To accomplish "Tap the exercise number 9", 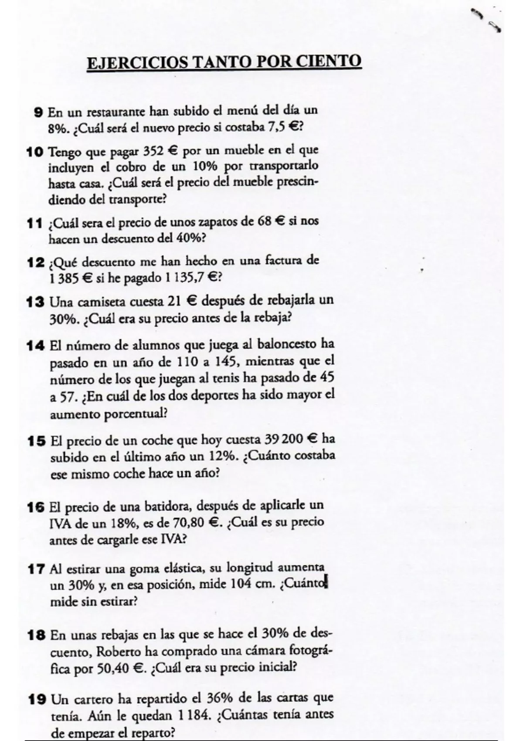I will pos(38,112).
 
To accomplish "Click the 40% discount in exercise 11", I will pos(189,238).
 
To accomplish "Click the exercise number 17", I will pos(36,569).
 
